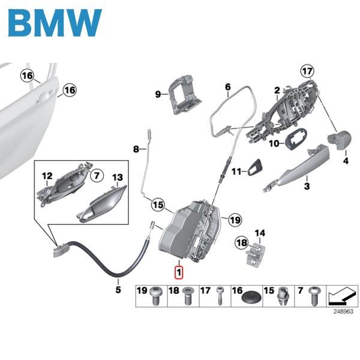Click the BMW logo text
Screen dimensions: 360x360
[55, 23]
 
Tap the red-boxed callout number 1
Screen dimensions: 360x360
[178, 272]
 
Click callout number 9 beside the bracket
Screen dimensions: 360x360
[158, 94]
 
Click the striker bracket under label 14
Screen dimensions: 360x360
[257, 253]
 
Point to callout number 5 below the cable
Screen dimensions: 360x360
[118, 290]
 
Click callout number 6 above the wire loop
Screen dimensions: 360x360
[228, 87]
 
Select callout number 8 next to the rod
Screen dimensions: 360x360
[136, 148]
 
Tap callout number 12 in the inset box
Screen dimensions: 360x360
[47, 176]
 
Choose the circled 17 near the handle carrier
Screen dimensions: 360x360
[307, 71]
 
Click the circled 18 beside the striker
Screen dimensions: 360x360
[241, 242]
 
